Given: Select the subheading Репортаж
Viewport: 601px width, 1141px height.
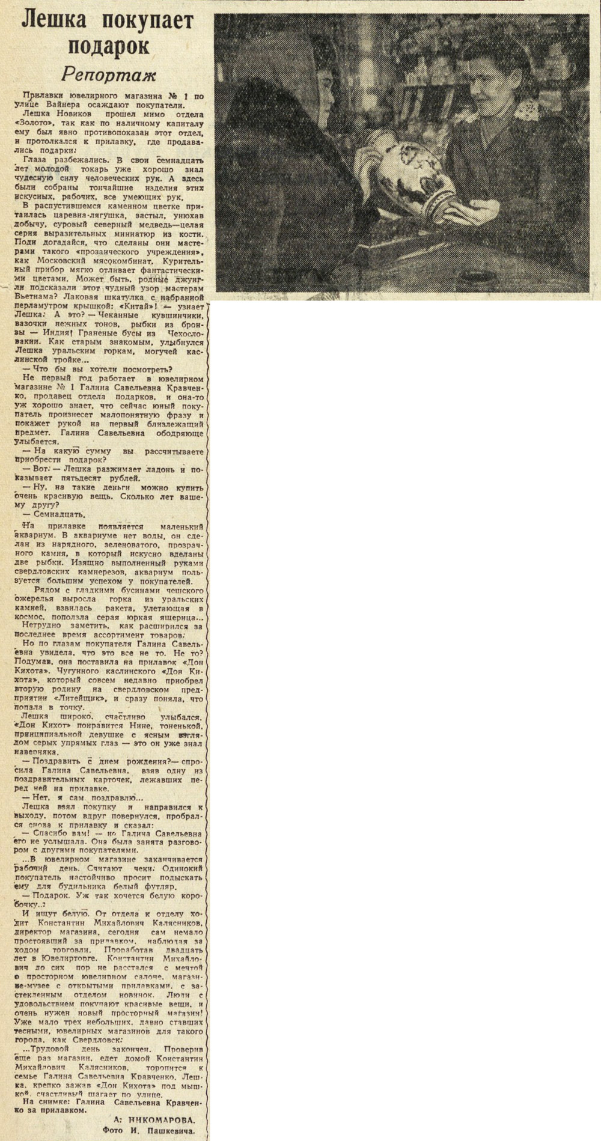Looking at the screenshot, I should click(x=109, y=75).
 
